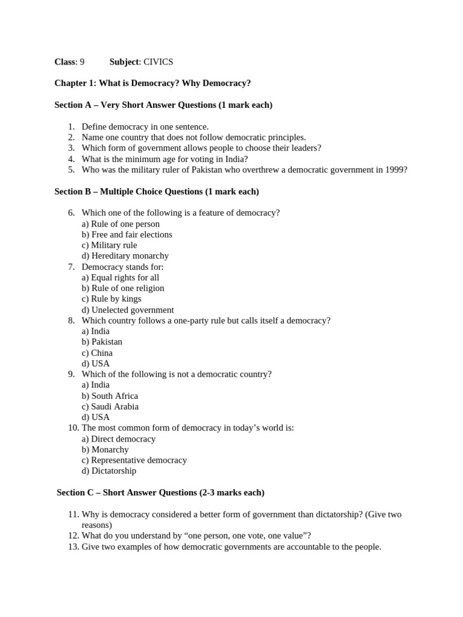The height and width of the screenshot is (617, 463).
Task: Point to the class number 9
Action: click(82, 61)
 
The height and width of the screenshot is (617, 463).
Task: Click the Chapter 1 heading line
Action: click(153, 83)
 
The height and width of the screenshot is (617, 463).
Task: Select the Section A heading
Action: click(163, 105)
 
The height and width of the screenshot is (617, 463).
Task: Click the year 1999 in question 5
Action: click(395, 169)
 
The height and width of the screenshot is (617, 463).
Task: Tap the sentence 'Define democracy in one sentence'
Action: click(145, 127)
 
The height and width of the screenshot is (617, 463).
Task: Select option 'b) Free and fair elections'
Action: click(127, 234)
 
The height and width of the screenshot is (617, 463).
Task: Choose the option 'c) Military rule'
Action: click(109, 245)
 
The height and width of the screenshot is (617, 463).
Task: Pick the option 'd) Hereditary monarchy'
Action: click(125, 256)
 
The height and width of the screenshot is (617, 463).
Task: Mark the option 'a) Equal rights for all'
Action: click(120, 278)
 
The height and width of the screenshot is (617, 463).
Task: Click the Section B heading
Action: click(157, 192)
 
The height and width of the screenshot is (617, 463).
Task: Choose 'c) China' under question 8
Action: click(97, 353)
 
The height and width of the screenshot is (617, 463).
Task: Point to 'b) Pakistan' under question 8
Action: click(102, 342)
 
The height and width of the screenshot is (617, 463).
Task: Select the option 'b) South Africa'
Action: click(110, 396)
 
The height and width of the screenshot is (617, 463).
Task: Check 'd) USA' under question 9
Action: click(95, 417)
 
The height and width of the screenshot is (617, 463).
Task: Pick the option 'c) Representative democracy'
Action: click(134, 460)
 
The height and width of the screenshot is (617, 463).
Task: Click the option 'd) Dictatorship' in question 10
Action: click(109, 471)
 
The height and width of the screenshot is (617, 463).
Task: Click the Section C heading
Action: click(160, 493)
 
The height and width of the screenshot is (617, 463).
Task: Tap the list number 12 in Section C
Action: click(73, 536)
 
